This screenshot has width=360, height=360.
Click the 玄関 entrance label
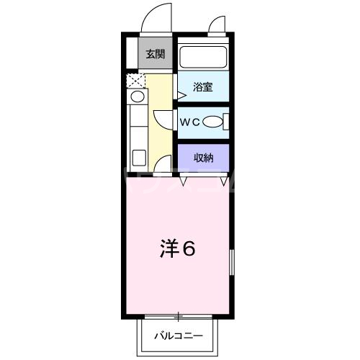[x=154, y=54]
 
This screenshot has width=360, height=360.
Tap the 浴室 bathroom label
[x=202, y=88]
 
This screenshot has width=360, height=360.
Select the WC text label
[x=189, y=122]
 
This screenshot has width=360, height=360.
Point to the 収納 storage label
[x=202, y=158]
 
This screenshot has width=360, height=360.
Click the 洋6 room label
[x=177, y=249]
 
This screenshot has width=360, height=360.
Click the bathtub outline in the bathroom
[x=202, y=57]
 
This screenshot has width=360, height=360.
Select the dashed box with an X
[x=135, y=79]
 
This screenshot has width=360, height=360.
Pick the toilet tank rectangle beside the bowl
[x=225, y=123]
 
